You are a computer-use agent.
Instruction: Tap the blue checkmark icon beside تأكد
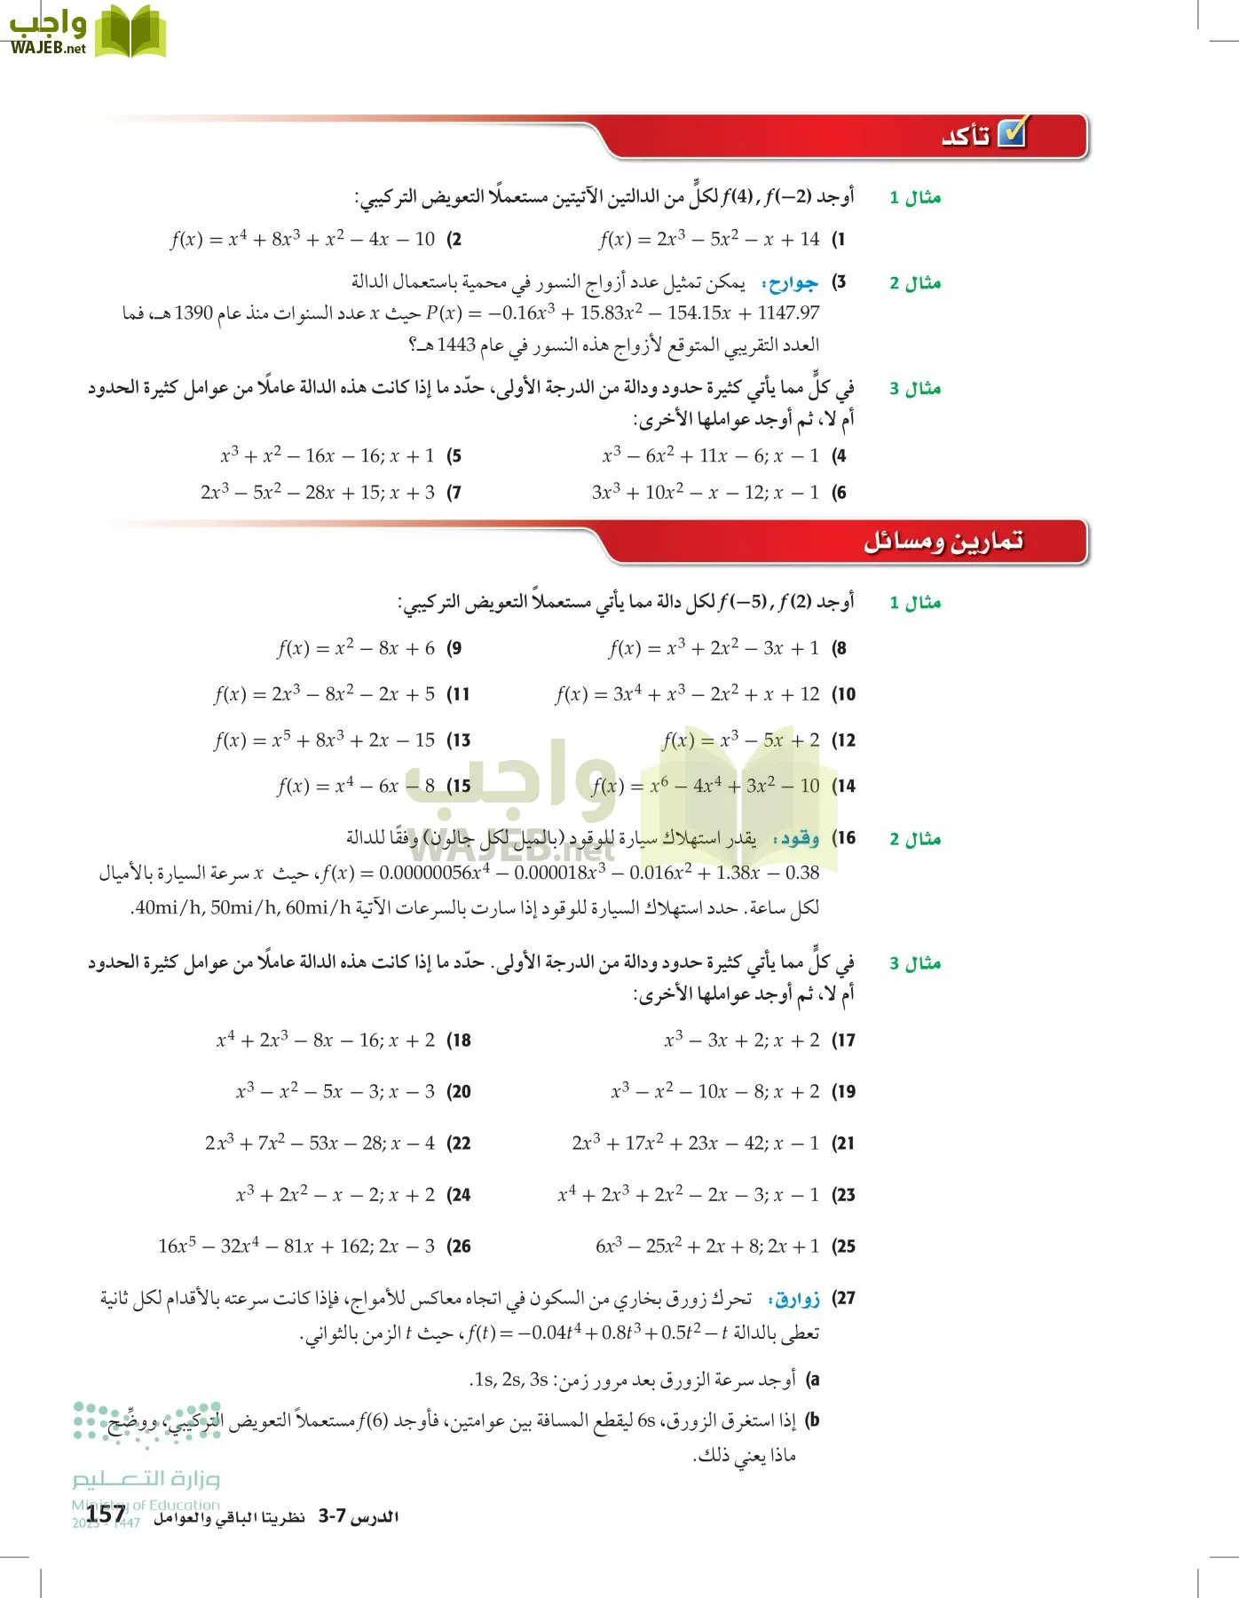[x=1012, y=133]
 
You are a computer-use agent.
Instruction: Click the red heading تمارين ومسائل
[x=943, y=540]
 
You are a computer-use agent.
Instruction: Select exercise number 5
[x=454, y=456]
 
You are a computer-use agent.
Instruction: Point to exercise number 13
[x=459, y=740]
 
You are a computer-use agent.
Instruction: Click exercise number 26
[x=459, y=1246]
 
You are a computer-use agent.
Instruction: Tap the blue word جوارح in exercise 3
[x=793, y=283]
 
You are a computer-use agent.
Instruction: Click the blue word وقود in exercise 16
[x=797, y=838]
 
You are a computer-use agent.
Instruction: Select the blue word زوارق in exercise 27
[x=796, y=1299]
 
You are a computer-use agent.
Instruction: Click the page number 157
[x=106, y=1515]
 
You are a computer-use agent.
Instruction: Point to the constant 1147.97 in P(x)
[x=787, y=313]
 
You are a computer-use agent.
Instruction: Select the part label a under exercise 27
[x=812, y=1380]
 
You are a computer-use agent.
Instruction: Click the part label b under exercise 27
[x=812, y=1420]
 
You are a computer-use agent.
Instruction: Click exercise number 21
[x=843, y=1143]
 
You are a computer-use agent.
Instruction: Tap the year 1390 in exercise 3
[x=193, y=313]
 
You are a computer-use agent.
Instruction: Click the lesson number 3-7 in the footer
[x=332, y=1516]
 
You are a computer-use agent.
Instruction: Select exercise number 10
[x=843, y=694]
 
